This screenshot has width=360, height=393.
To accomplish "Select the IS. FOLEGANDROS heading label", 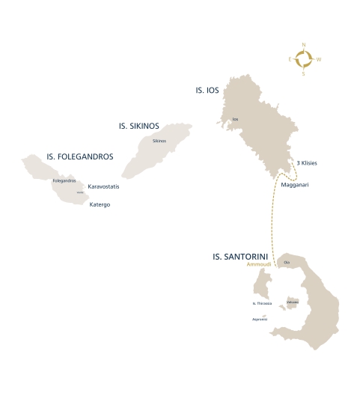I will pyautogui.click(x=80, y=157).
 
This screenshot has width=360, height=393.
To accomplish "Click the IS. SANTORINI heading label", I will pyautogui.click(x=240, y=257).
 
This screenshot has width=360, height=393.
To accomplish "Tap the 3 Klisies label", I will pyautogui.click(x=308, y=163).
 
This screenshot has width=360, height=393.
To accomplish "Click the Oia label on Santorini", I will pyautogui.click(x=287, y=262).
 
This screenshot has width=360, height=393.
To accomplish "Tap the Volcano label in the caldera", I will pyautogui.click(x=293, y=302).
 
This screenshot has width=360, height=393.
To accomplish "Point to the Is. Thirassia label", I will pyautogui.click(x=262, y=303).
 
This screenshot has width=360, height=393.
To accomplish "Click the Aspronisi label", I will pyautogui.click(x=260, y=319).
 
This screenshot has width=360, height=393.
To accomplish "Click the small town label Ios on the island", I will pyautogui.click(x=235, y=119).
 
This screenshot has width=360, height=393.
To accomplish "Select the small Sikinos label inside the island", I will pyautogui.click(x=159, y=141).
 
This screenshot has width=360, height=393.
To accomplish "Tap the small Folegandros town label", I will pyautogui.click(x=65, y=180).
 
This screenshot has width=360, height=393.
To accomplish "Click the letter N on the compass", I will pyautogui.click(x=304, y=45).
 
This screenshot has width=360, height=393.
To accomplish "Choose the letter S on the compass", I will pyautogui.click(x=303, y=73).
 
